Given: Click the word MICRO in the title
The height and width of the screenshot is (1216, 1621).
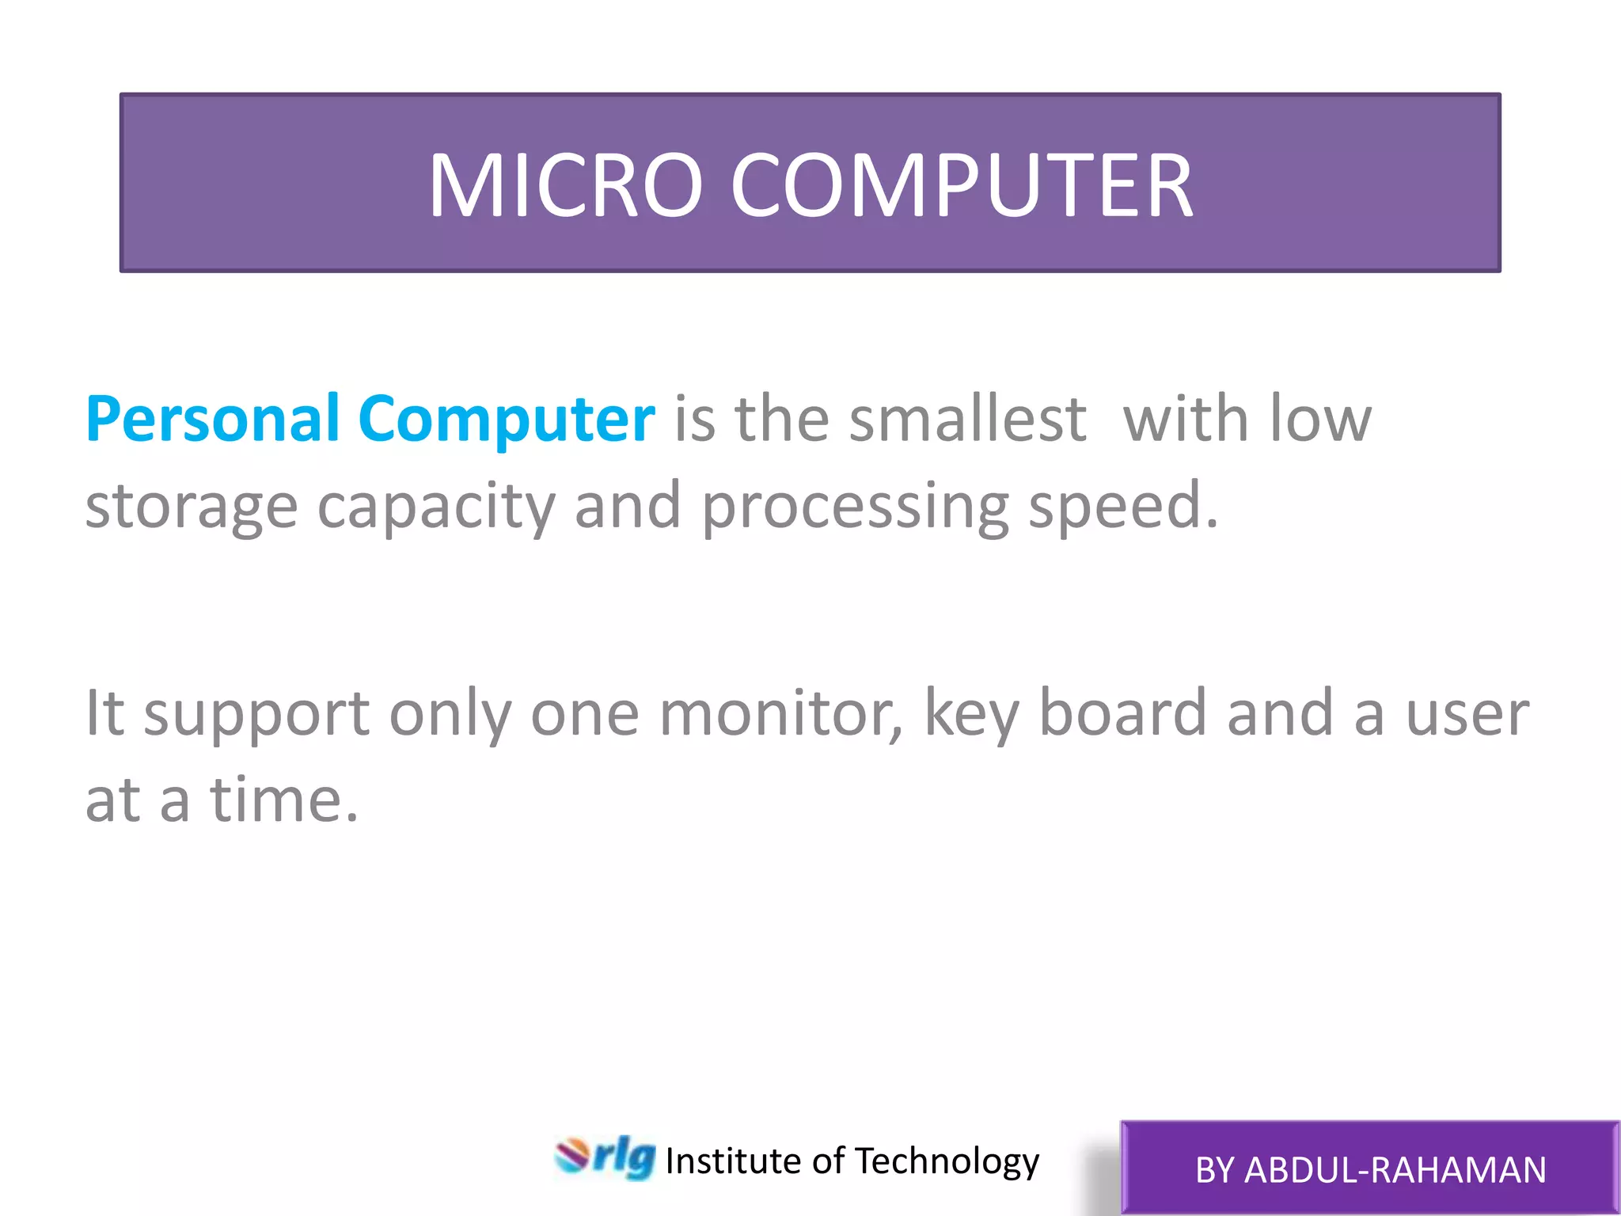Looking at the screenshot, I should [x=565, y=185].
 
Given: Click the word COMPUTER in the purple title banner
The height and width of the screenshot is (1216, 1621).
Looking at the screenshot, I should [x=962, y=185].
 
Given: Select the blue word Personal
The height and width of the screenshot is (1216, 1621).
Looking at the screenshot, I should [x=212, y=420].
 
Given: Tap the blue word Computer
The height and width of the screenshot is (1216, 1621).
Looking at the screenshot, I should [x=506, y=420].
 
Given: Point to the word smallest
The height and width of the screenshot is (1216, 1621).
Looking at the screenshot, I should [x=967, y=420].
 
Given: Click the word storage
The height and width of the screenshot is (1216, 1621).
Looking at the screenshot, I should [x=191, y=507].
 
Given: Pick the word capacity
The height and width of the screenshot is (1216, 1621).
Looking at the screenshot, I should [x=436, y=507].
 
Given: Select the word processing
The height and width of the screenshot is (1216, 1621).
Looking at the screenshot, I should [x=855, y=507].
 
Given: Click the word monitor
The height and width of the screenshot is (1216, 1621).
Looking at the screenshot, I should [x=780, y=713].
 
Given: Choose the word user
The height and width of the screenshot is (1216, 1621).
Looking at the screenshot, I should [x=1467, y=713].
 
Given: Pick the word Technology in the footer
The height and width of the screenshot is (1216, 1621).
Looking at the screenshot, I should [x=947, y=1161].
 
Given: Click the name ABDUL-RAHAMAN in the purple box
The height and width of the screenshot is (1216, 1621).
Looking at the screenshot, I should [x=1395, y=1170].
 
